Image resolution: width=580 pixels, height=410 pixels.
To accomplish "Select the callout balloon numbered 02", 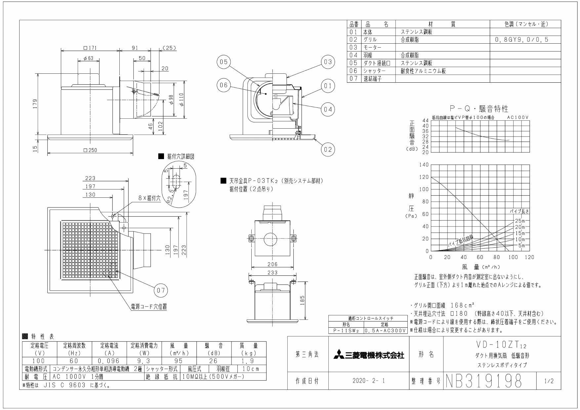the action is [327, 149].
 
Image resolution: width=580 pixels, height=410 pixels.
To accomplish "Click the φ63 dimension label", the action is [89, 59].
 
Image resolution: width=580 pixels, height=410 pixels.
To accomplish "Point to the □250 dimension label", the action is [90, 150].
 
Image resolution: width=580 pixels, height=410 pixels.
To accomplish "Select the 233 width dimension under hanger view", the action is [272, 273].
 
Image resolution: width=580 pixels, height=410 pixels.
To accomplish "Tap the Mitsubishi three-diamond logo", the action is [338, 355].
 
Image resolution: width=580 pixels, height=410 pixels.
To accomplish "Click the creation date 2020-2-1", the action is [369, 381].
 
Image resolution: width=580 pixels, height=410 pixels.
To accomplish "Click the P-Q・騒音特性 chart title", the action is [479, 109].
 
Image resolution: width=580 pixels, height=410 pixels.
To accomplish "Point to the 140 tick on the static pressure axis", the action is [424, 165].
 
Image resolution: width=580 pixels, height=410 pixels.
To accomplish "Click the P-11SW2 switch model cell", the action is [346, 330].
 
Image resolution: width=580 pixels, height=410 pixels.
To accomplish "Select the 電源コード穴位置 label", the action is [149, 307].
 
